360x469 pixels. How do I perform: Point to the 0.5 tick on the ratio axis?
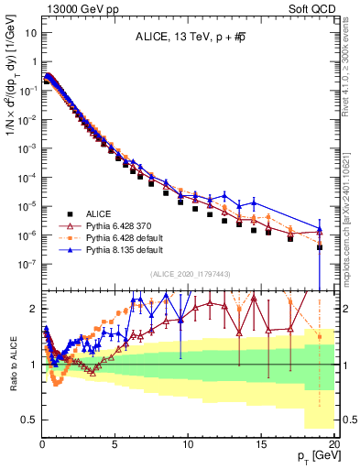29,419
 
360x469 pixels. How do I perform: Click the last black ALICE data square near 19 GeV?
320,247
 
